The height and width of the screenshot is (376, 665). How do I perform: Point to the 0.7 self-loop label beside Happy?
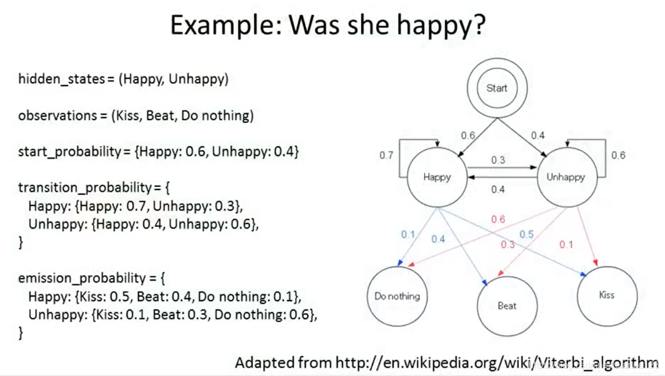click(386, 156)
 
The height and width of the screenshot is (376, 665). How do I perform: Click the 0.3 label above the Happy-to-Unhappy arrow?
click(499, 160)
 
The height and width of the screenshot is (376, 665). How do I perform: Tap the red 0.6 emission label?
click(499, 219)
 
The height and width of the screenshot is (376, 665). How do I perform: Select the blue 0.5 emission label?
click(527, 234)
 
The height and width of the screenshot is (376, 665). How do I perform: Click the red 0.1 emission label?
click(566, 245)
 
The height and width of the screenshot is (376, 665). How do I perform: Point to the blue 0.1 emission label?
click(408, 234)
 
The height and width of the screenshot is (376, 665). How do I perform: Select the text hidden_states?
click(62, 79)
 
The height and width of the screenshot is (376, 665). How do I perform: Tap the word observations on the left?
click(58, 115)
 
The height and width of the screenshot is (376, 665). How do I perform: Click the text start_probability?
click(70, 152)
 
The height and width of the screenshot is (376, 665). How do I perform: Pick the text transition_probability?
click(85, 188)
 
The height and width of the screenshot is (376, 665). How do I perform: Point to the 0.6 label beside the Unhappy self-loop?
click(618, 156)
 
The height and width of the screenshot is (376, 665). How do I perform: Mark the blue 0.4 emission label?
click(438, 240)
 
